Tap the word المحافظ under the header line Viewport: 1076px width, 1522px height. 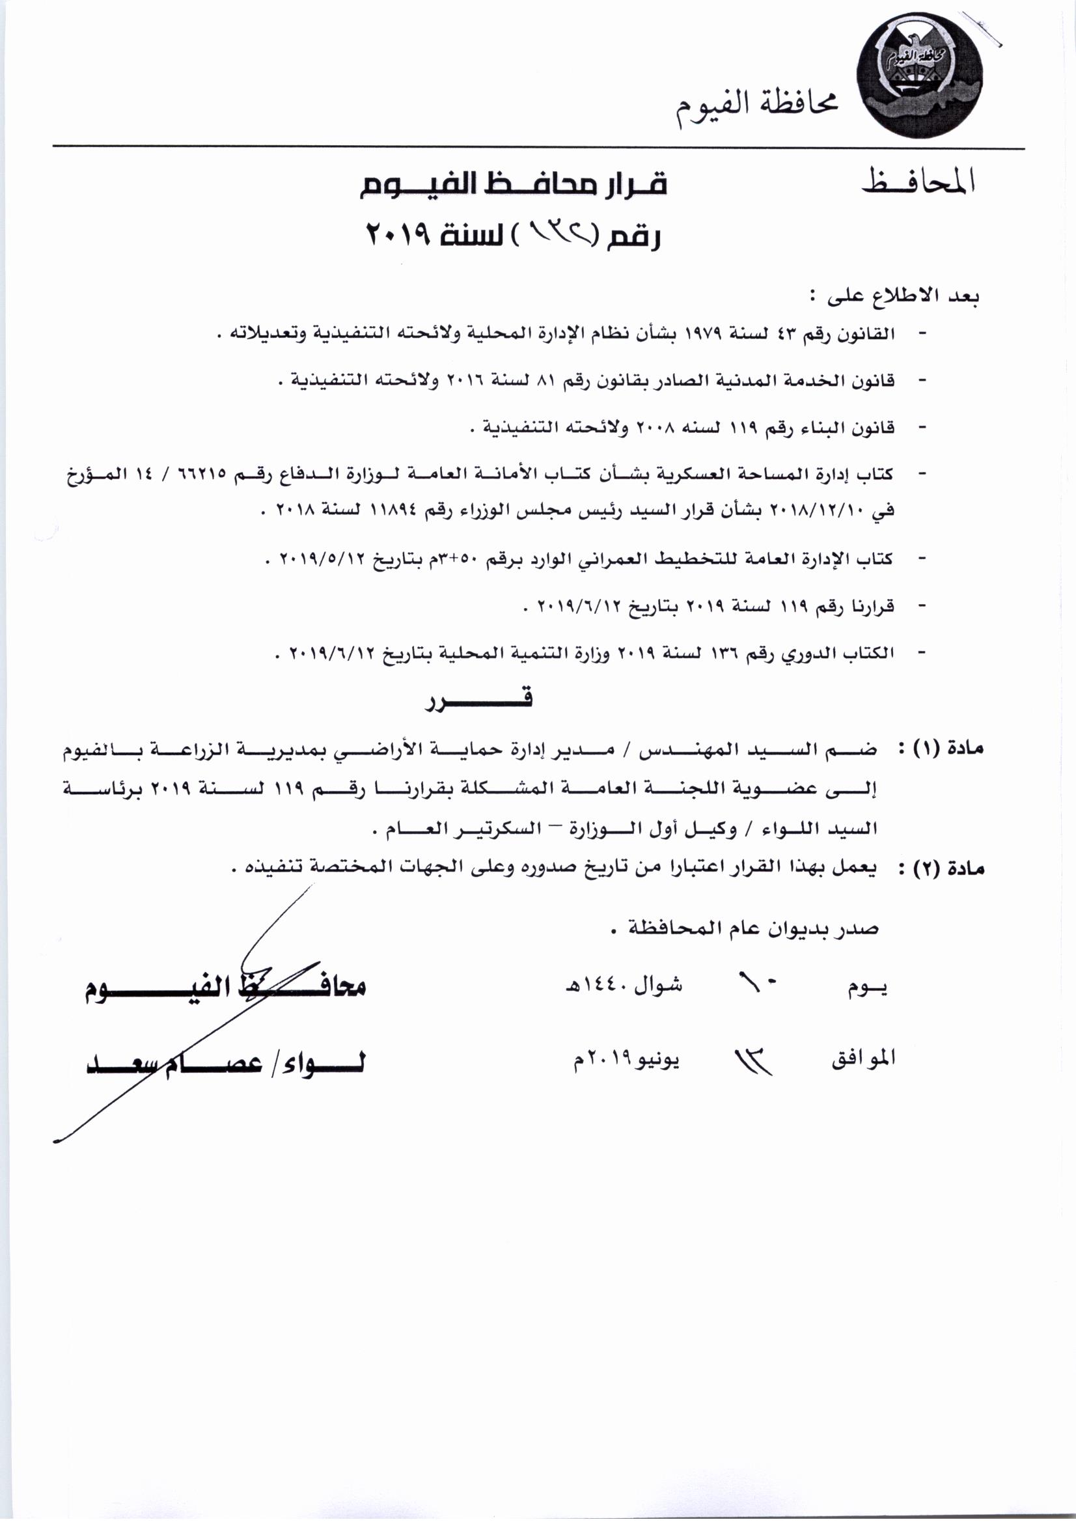coord(918,182)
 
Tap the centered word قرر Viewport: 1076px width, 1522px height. coord(478,700)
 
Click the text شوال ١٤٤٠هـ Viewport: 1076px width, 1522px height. coord(623,986)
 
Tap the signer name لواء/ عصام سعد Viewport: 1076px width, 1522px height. coord(225,1062)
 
